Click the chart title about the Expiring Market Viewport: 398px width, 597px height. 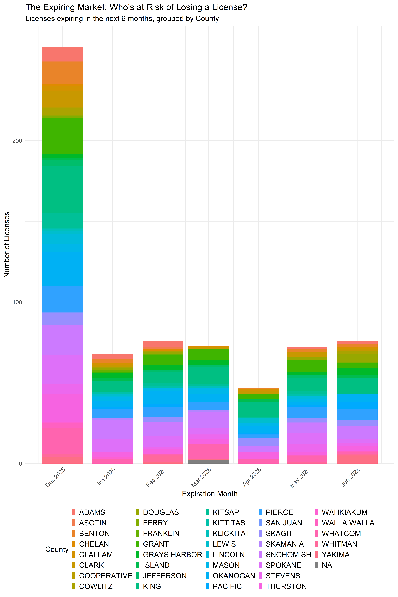pos(136,7)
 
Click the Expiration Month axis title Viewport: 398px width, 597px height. pos(210,494)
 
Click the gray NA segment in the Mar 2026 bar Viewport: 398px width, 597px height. pos(208,462)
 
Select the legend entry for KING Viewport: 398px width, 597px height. pos(152,586)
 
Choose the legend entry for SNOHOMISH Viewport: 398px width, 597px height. pos(288,555)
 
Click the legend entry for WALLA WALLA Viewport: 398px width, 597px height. pos(348,523)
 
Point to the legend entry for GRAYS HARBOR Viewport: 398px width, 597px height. pos(172,555)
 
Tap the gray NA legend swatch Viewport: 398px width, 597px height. pos(317,565)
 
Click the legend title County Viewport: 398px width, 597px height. pos(57,549)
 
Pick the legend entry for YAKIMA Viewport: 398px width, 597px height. pos(336,555)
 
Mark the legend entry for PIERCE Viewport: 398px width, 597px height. pos(279,512)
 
